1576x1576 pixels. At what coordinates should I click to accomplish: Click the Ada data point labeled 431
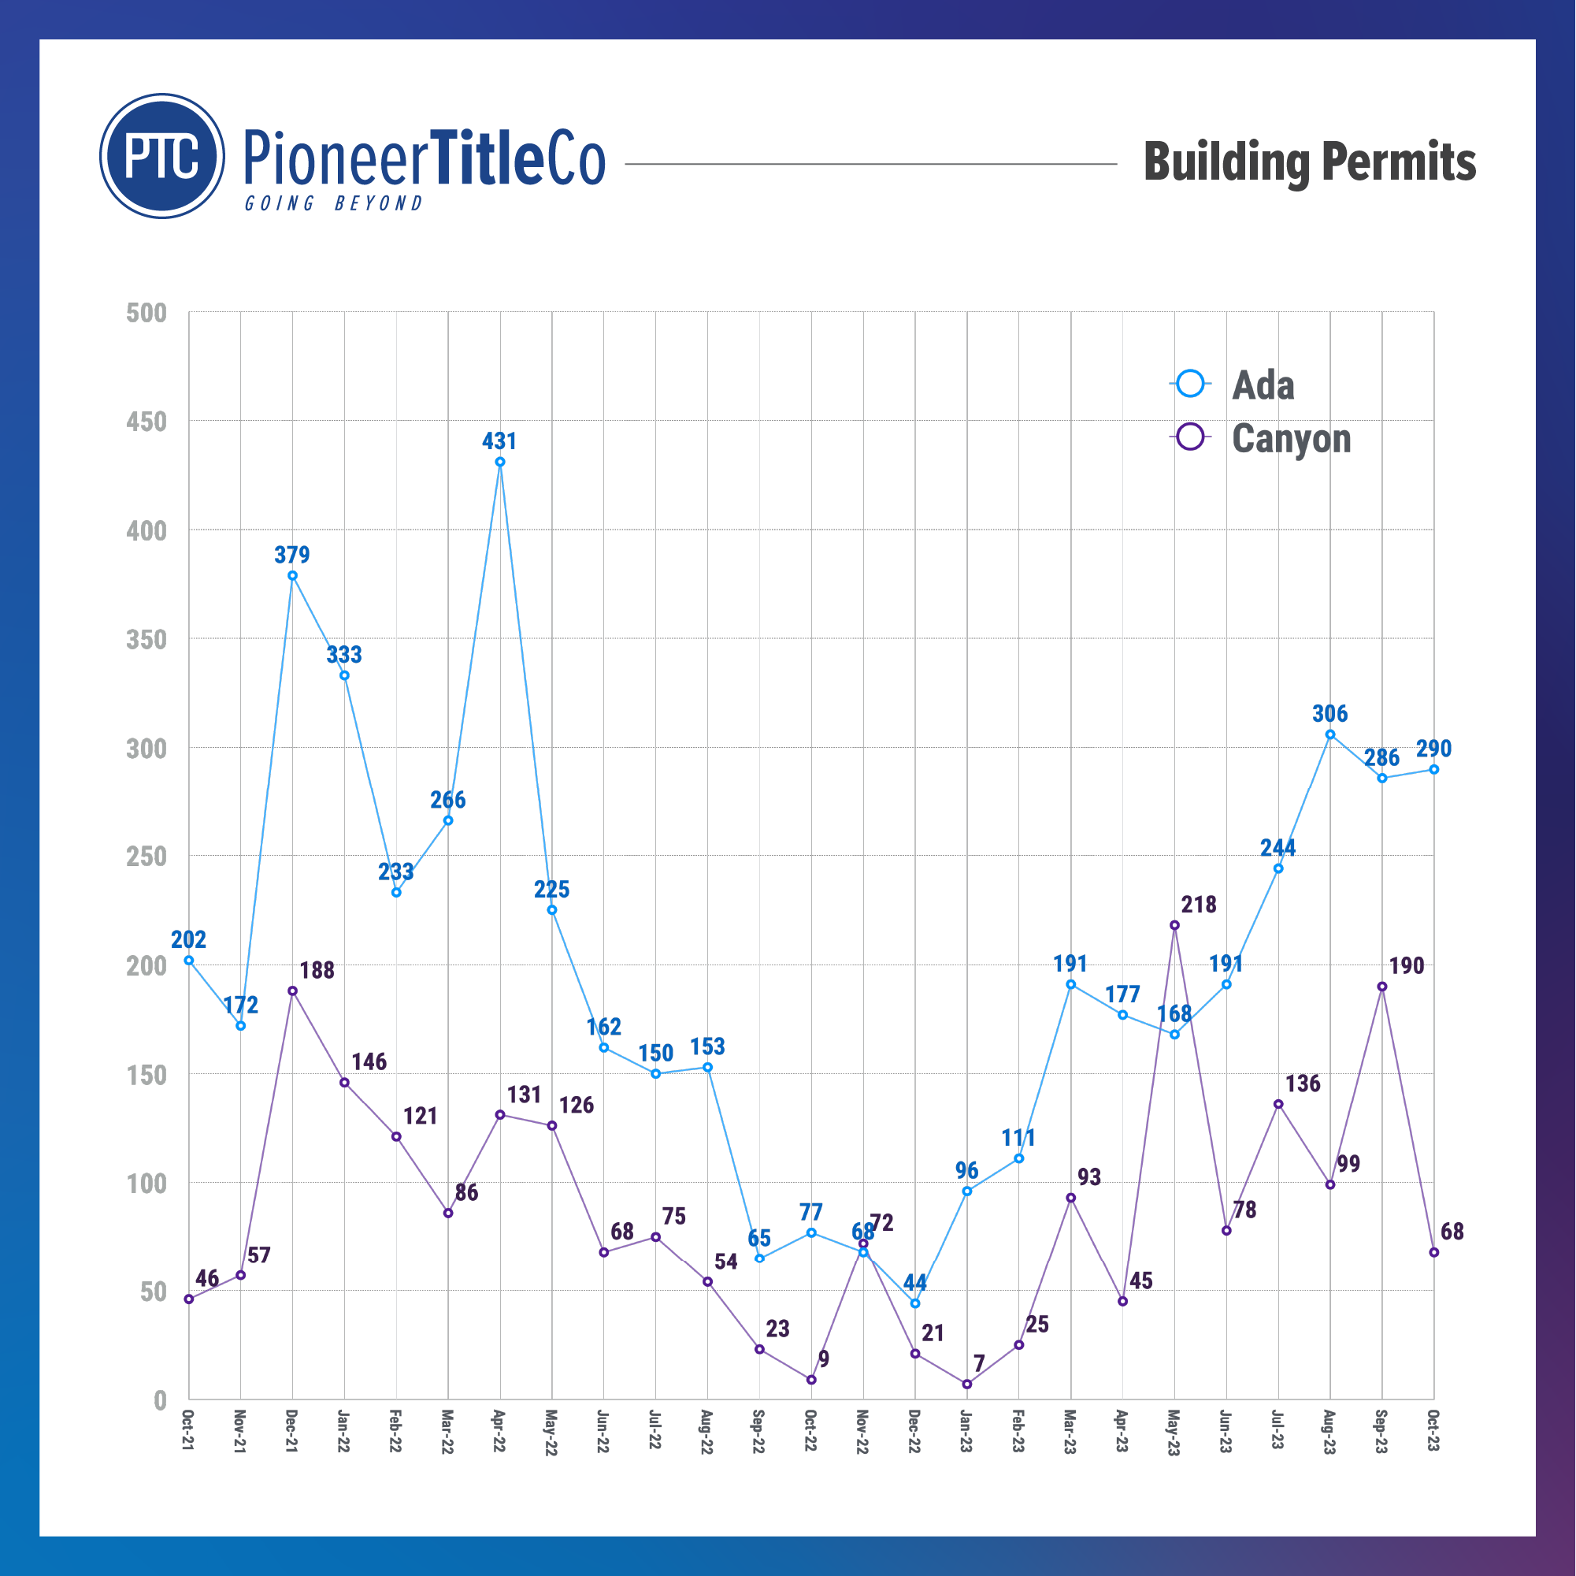(x=500, y=462)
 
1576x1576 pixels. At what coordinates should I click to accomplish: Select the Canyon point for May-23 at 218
(x=1174, y=924)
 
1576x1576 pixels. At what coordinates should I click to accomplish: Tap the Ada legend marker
(x=1191, y=384)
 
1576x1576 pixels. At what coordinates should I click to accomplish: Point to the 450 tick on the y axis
(x=146, y=422)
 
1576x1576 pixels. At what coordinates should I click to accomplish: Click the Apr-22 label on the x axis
(x=500, y=1430)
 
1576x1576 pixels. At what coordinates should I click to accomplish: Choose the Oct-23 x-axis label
(x=1433, y=1430)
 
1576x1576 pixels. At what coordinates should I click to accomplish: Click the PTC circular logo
(x=162, y=156)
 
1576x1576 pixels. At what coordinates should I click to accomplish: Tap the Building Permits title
(x=1309, y=162)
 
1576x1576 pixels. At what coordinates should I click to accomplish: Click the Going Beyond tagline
(x=335, y=203)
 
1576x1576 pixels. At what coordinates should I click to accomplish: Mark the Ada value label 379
(x=292, y=555)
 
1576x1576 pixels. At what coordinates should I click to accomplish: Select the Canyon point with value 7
(x=967, y=1385)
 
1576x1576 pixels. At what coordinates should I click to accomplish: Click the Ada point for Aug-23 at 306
(x=1330, y=734)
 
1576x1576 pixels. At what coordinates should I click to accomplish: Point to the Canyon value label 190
(x=1407, y=965)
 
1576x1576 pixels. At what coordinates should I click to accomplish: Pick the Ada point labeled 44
(x=915, y=1303)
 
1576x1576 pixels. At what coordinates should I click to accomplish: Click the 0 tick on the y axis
(x=160, y=1400)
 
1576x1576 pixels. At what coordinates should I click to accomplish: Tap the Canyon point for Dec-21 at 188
(x=293, y=991)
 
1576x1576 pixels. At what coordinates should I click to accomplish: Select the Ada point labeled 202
(x=189, y=960)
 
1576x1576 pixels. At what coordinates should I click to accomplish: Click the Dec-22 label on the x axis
(x=915, y=1430)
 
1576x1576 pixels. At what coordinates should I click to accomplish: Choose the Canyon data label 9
(x=824, y=1359)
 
